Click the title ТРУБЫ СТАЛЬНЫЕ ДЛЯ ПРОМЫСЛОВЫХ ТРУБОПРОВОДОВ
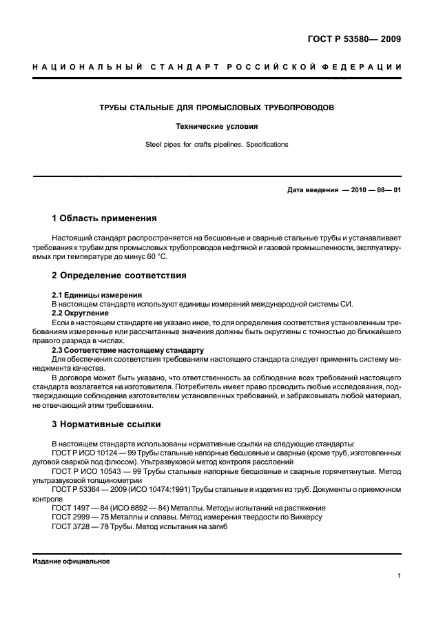[217, 109]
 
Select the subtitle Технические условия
[217, 127]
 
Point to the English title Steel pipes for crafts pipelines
[217, 145]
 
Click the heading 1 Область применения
[104, 219]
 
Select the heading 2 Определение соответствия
[116, 276]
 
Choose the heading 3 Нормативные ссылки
[107, 424]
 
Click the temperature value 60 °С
[155, 257]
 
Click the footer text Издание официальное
[71, 561]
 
